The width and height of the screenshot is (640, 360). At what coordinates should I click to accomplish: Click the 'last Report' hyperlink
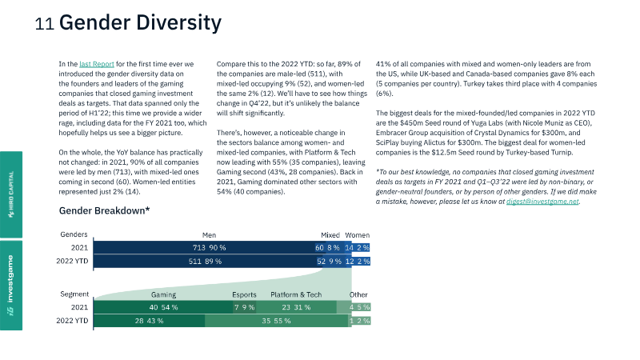click(x=97, y=64)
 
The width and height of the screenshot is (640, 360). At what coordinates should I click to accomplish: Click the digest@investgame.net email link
click(x=542, y=202)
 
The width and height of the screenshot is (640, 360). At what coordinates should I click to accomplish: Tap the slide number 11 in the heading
click(x=45, y=24)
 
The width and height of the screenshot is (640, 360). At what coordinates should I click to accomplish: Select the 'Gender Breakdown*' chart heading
click(x=105, y=210)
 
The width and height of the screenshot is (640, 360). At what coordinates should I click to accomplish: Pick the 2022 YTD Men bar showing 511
click(x=205, y=262)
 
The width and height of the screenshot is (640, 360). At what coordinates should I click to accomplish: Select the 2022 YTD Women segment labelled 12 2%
click(x=358, y=262)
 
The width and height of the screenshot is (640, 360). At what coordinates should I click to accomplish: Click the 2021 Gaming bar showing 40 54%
click(x=163, y=307)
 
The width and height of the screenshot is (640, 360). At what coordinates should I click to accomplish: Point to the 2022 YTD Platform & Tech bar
click(x=276, y=321)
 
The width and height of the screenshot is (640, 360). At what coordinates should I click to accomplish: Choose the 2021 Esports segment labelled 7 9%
click(x=245, y=307)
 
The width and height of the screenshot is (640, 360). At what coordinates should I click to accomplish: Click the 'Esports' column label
click(x=244, y=294)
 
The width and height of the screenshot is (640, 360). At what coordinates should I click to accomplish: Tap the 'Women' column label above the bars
click(x=357, y=235)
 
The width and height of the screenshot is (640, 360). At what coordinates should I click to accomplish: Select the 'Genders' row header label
click(x=74, y=234)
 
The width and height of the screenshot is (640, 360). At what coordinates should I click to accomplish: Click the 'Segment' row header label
click(x=74, y=294)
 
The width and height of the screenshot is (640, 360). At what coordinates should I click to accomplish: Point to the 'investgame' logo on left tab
click(x=10, y=286)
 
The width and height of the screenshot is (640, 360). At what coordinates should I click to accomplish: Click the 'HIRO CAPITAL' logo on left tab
click(x=11, y=194)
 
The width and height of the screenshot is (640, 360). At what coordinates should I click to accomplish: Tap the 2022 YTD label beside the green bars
click(x=72, y=321)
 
